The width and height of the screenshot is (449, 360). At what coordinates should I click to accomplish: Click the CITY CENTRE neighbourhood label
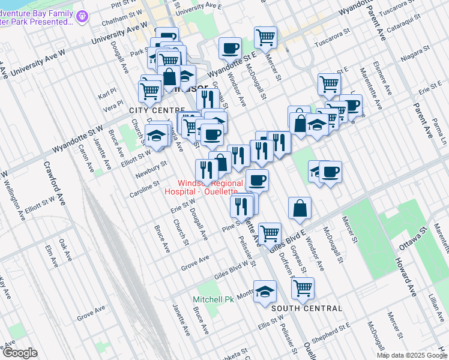(x=157, y=110)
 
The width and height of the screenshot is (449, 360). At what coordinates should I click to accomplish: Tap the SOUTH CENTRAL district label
(x=306, y=308)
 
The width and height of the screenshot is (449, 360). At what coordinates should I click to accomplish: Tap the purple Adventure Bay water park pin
(x=83, y=17)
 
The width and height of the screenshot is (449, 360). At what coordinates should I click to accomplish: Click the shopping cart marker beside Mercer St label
(x=265, y=37)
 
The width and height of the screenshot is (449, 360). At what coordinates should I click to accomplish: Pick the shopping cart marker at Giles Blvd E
(x=270, y=231)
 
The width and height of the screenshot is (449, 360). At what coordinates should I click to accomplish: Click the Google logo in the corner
(x=19, y=353)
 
